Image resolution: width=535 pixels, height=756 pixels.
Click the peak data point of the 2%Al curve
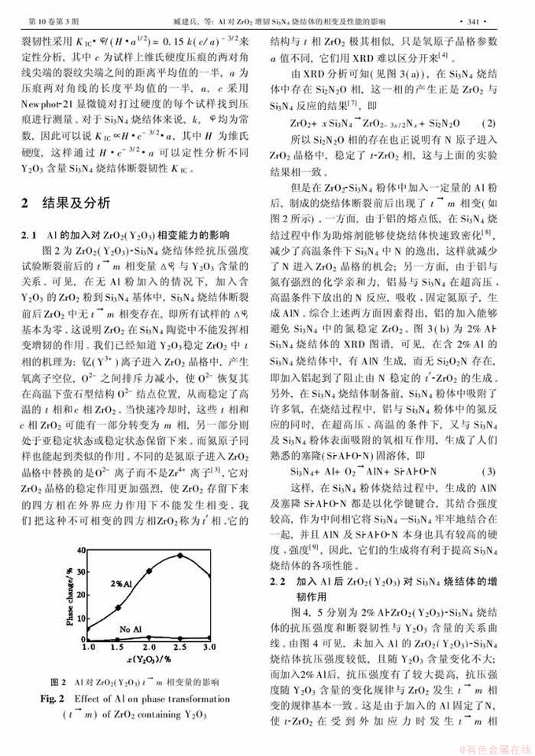[x=180, y=556]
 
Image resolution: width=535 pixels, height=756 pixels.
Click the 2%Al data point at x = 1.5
[x=118, y=607]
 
